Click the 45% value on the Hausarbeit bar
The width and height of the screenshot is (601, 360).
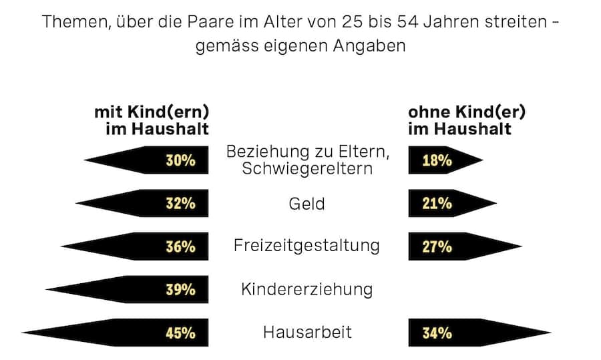180,333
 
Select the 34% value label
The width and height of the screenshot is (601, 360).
437,333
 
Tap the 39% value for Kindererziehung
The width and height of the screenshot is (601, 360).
180,289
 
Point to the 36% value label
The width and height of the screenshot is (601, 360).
180,246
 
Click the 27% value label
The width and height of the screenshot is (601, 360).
437,246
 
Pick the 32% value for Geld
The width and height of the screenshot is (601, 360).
180,204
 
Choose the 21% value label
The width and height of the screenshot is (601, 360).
437,204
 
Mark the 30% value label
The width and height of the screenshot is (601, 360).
180,160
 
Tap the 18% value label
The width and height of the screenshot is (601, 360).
437,160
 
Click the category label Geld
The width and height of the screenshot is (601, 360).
307,204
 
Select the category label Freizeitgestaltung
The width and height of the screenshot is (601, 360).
307,246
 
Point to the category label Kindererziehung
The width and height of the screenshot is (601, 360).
307,289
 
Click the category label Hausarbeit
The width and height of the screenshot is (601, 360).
307,332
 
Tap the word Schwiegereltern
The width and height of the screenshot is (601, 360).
307,168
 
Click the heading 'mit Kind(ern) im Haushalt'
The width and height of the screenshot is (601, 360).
152,120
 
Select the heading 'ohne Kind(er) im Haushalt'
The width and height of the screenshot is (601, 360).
466,120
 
